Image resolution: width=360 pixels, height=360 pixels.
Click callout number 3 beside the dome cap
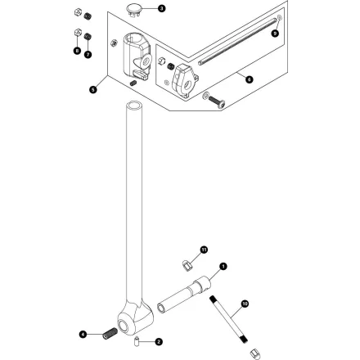pyautogui.click(x=160, y=8)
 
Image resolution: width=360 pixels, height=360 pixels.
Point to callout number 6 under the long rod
pyautogui.click(x=249, y=79)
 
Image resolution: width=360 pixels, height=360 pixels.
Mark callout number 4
pyautogui.click(x=82, y=334)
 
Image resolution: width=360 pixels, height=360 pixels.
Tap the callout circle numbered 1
pyautogui.click(x=222, y=265)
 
